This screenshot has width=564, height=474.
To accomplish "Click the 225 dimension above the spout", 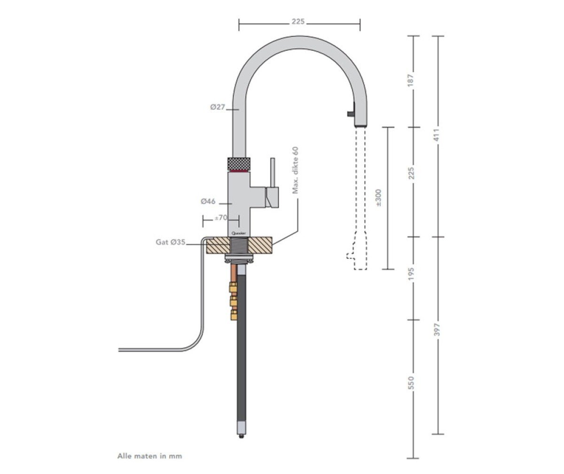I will (x=299, y=22).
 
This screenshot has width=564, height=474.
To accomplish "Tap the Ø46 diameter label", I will (x=208, y=201).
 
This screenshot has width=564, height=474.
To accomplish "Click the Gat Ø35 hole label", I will (x=171, y=242).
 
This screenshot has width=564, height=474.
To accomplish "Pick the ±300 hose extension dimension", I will (x=378, y=198).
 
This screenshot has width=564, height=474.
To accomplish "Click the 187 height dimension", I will (x=413, y=81).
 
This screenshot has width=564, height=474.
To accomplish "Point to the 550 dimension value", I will (x=413, y=383).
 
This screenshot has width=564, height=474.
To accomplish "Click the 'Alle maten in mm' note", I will (x=149, y=456).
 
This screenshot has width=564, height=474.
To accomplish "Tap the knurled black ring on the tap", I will (x=240, y=164).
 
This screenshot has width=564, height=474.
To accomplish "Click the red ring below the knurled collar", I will (x=240, y=173).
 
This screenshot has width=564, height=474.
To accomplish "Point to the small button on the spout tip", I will (x=349, y=113).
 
